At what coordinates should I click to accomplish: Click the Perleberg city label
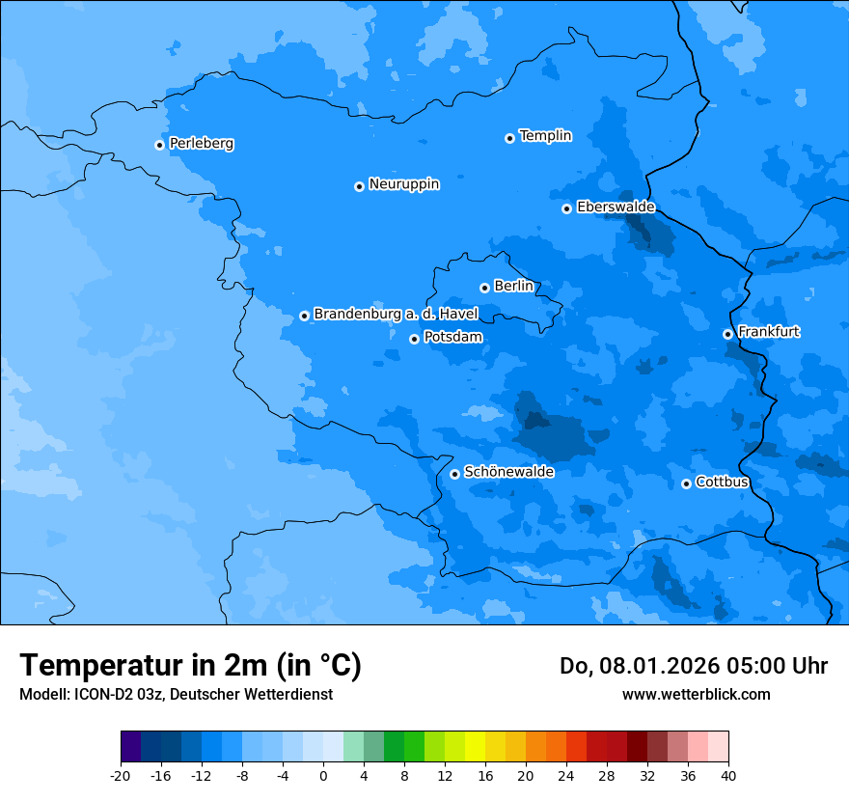coord(201,144)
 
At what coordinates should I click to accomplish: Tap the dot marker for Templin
coord(509,138)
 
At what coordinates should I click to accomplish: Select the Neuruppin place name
coord(403,184)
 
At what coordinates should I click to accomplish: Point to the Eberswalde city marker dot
coord(566,208)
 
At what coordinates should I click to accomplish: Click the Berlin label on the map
coord(513,287)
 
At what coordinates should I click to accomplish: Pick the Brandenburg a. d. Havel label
coord(396,315)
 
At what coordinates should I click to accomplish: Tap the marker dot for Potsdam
coord(414,339)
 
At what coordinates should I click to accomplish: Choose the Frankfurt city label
coord(768,332)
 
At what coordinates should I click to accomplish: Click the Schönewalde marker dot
coord(454,474)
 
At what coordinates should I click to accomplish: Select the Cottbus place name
coord(722,483)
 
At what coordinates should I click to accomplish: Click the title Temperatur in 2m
coord(190,666)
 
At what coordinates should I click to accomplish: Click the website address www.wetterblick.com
coord(696,695)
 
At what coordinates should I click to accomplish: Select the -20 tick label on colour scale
coord(121,775)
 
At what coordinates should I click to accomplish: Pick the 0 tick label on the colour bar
coord(323,775)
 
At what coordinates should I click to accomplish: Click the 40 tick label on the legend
coord(728,775)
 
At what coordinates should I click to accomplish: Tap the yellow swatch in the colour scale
coord(475,747)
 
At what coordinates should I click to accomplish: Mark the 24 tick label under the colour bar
coord(566,775)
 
